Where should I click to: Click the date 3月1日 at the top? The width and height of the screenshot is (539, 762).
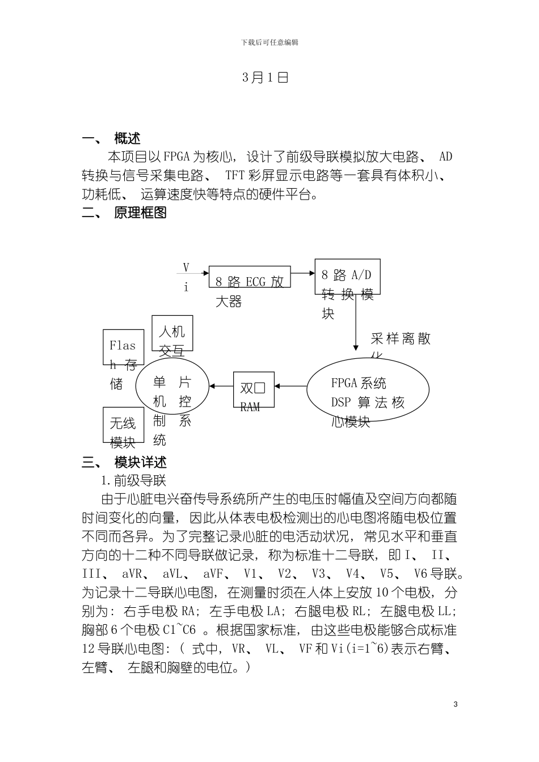pyautogui.click(x=266, y=78)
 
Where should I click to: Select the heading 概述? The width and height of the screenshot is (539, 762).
pyautogui.click(x=127, y=139)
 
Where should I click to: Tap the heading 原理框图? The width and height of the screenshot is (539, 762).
pyautogui.click(x=140, y=213)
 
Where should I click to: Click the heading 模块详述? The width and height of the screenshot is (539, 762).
pyautogui.click(x=140, y=462)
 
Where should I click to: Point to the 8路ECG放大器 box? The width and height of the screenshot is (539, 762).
pyautogui.click(x=250, y=281)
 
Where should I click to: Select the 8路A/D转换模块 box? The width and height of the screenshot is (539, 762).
pyautogui.click(x=347, y=277)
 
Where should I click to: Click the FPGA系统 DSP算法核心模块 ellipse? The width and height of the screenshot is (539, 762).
pyautogui.click(x=368, y=390)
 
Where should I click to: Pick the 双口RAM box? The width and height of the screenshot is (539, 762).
pyautogui.click(x=254, y=390)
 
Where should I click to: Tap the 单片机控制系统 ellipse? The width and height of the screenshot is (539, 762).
pyautogui.click(x=172, y=387)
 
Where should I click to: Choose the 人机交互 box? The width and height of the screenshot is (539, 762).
pyautogui.click(x=172, y=333)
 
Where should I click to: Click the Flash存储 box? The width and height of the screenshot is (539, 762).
pyautogui.click(x=123, y=347)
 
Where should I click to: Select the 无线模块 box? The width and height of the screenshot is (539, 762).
pyautogui.click(x=123, y=425)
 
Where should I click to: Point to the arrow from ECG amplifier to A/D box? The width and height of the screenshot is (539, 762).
pyautogui.click(x=303, y=273)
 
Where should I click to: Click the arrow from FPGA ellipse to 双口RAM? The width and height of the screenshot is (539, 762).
pyautogui.click(x=290, y=387)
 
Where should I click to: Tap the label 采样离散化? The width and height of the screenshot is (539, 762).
pyautogui.click(x=401, y=340)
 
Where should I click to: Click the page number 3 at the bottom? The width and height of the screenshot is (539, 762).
pyautogui.click(x=456, y=704)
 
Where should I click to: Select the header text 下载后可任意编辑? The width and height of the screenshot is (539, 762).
pyautogui.click(x=269, y=43)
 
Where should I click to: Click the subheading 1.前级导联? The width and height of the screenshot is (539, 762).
pyautogui.click(x=134, y=481)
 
